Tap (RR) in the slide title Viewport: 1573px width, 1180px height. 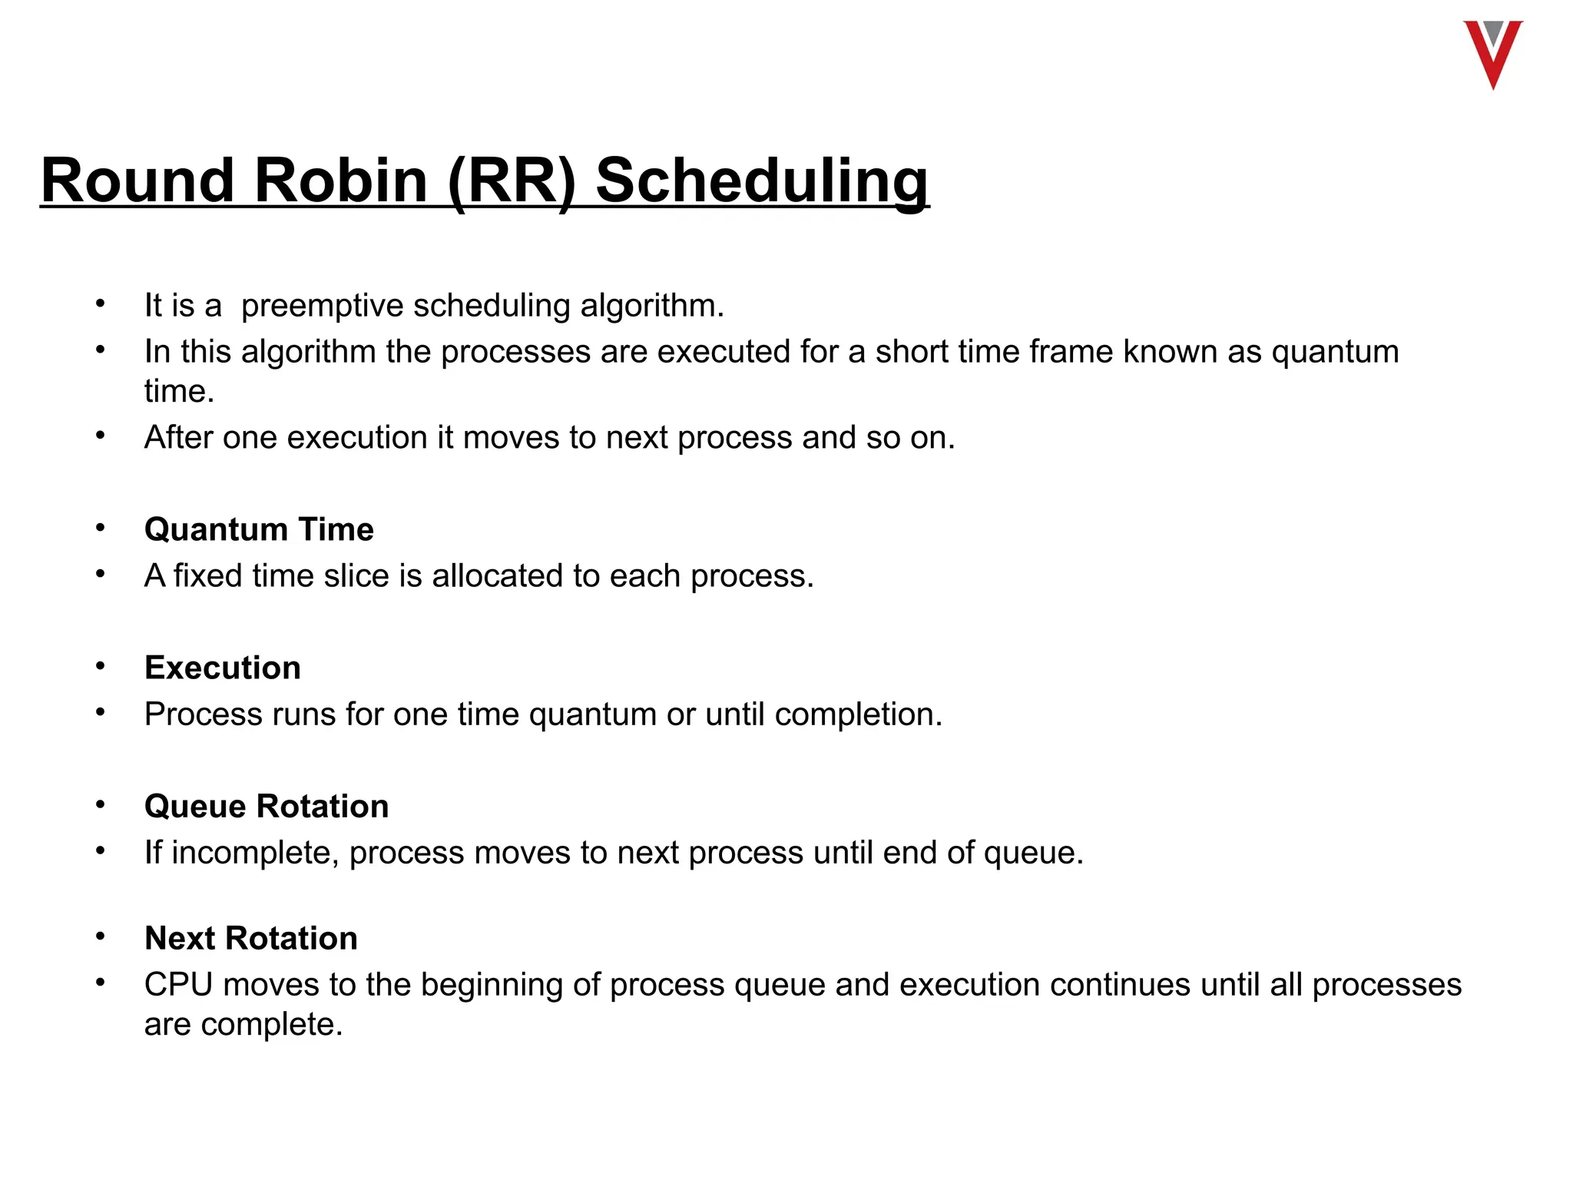(511, 181)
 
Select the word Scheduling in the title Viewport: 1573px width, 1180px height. (762, 181)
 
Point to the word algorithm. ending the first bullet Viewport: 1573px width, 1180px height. (652, 306)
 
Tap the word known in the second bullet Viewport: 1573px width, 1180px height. (1170, 352)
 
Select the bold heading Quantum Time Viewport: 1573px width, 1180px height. (259, 530)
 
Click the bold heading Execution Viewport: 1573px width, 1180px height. (223, 668)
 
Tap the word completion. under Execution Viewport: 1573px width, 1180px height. (858, 714)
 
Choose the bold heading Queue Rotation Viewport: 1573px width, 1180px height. (267, 807)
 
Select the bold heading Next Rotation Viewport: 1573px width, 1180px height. (251, 939)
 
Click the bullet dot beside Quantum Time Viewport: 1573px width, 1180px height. (100, 528)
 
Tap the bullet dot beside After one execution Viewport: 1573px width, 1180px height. (100, 436)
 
